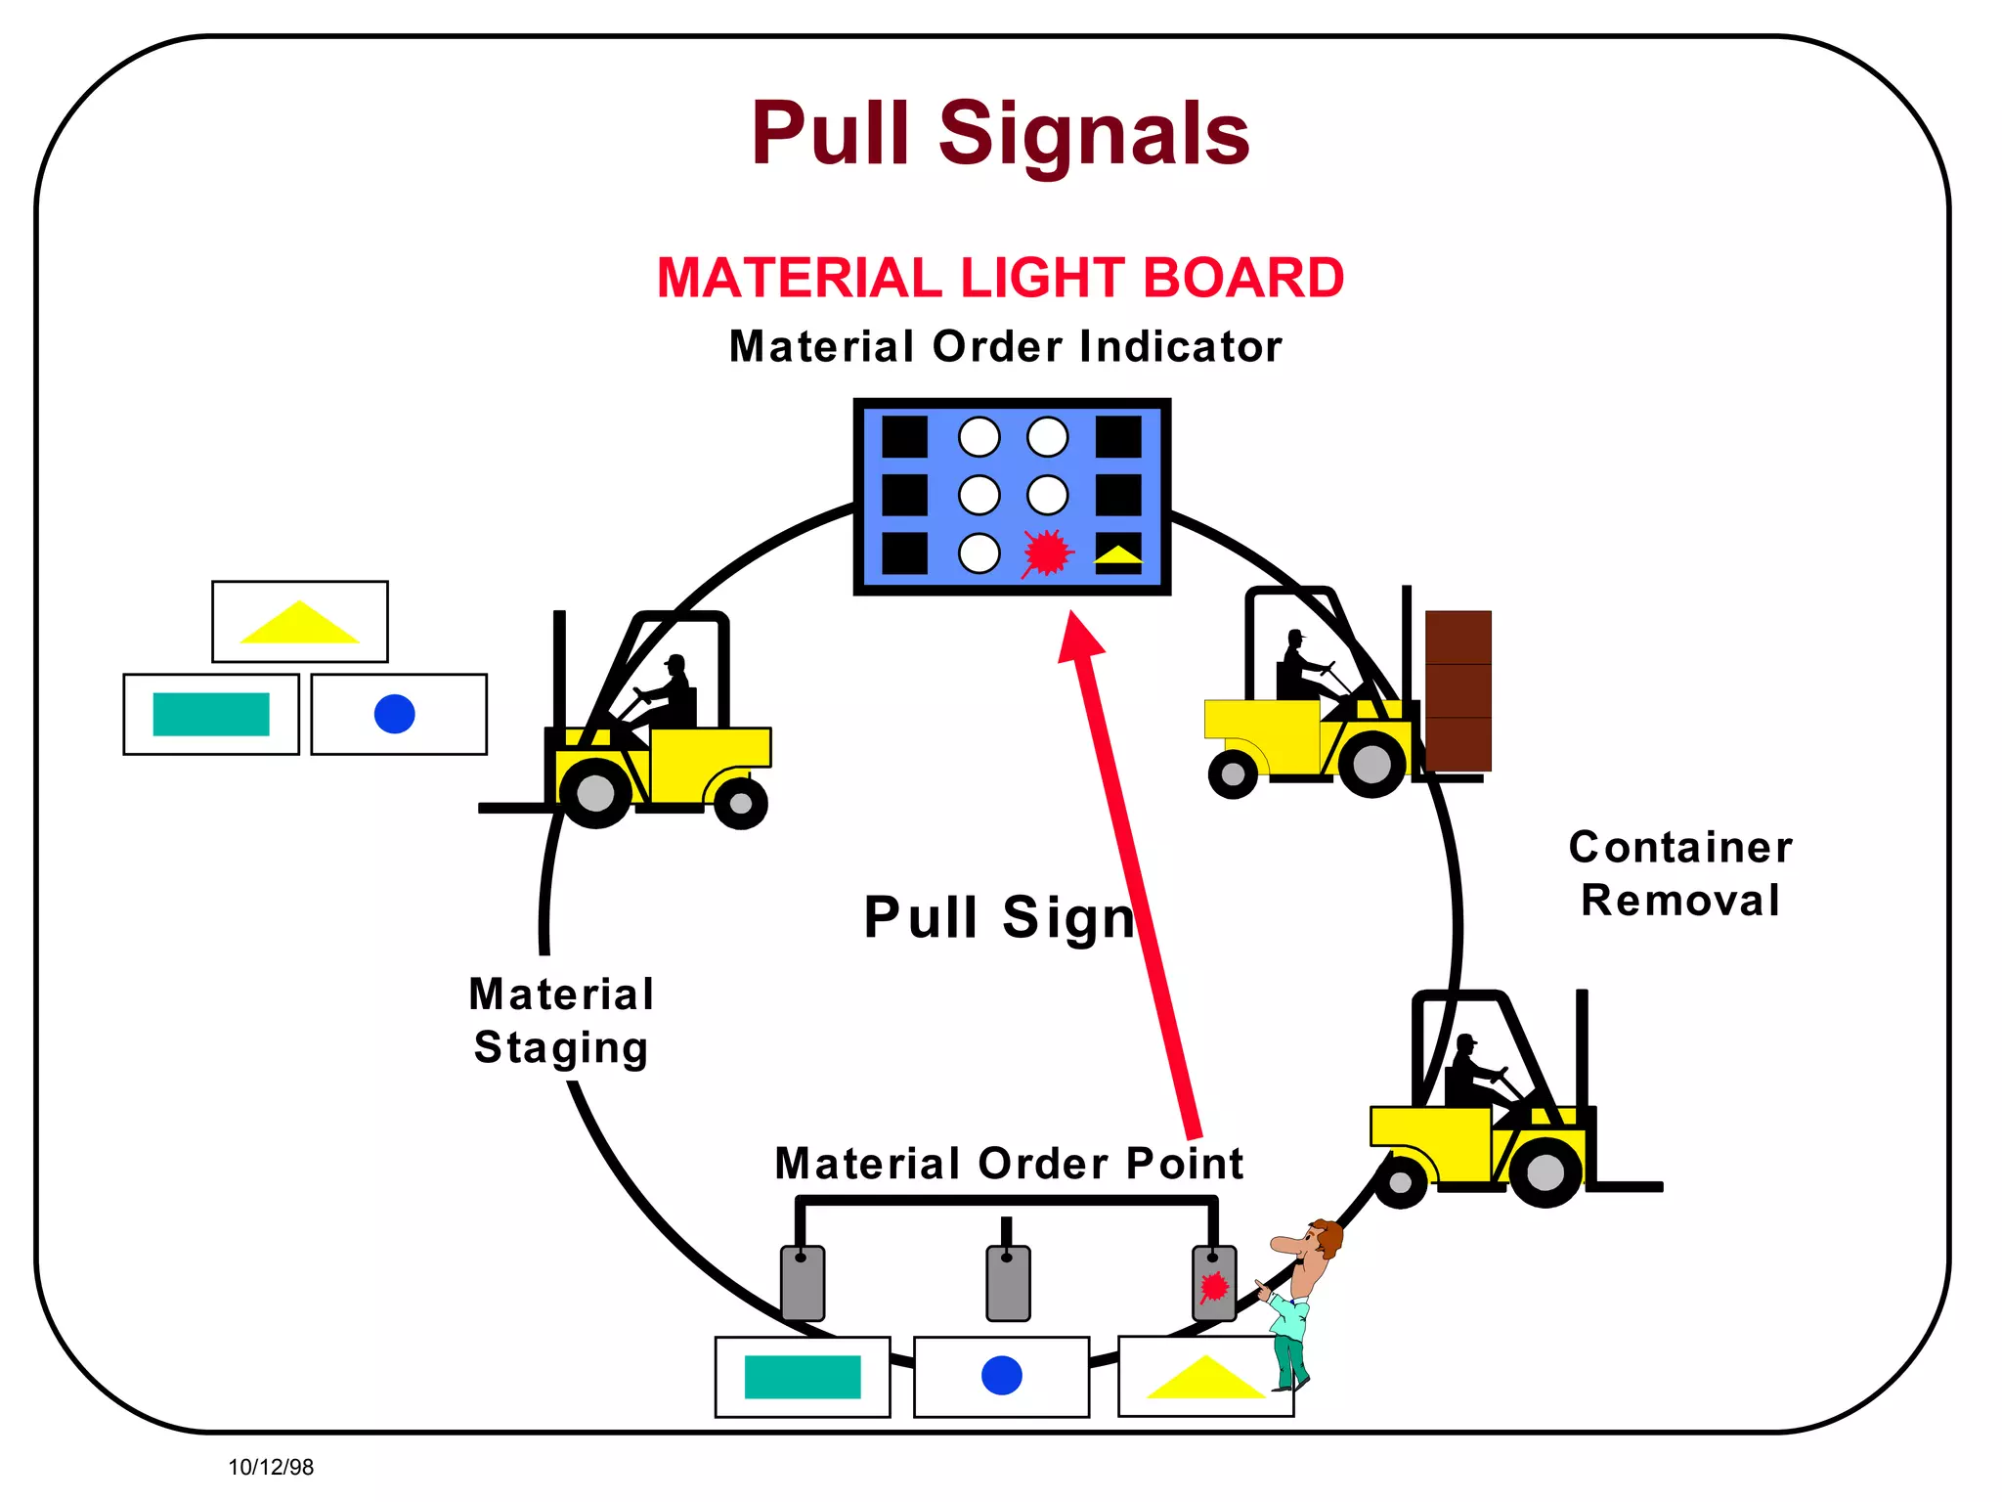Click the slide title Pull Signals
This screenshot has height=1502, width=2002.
[x=1000, y=134]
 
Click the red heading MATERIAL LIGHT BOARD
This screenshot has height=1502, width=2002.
[x=1000, y=278]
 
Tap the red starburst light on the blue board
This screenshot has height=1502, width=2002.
[x=1047, y=553]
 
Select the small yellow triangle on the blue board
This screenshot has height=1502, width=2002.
[x=1118, y=555]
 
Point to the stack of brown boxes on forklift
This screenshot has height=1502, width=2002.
[x=1458, y=690]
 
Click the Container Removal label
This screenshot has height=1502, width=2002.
[x=1679, y=873]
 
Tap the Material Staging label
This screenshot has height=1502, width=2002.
[x=561, y=1021]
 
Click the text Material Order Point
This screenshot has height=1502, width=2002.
[x=1008, y=1164]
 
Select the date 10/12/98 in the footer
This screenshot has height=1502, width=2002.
[x=271, y=1467]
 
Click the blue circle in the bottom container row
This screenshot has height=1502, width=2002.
[x=1001, y=1376]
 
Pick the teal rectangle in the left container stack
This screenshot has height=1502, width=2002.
[x=211, y=714]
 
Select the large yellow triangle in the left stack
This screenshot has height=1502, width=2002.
[x=299, y=624]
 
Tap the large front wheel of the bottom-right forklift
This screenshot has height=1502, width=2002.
[x=1545, y=1171]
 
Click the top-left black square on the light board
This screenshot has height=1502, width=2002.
[x=904, y=437]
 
